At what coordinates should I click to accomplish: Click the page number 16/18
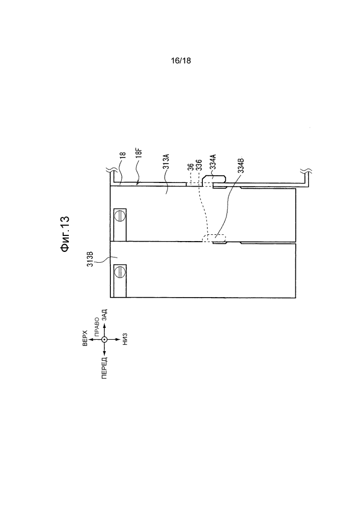click(x=180, y=61)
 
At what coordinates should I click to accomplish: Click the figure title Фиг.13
click(x=65, y=234)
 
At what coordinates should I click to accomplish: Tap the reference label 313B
click(x=91, y=259)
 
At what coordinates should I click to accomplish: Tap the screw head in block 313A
click(x=120, y=216)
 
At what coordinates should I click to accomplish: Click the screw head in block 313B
click(x=120, y=272)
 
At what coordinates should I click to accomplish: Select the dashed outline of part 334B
click(x=214, y=238)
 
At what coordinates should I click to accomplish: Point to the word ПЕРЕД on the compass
click(x=104, y=369)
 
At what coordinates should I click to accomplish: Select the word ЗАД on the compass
click(x=104, y=315)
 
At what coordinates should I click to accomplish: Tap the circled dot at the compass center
click(x=104, y=340)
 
